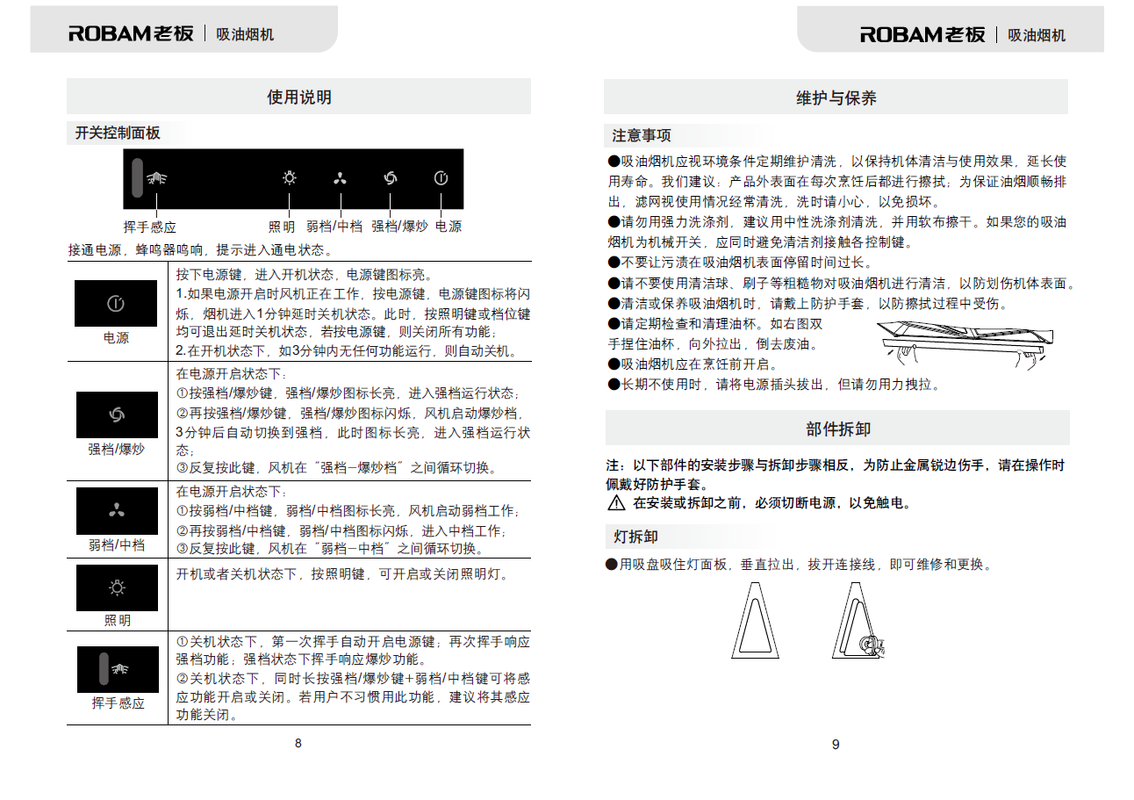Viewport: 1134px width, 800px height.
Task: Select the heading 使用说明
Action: tap(299, 97)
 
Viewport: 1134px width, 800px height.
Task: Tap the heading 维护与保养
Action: tap(836, 97)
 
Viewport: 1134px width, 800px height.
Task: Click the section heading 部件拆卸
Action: tap(837, 429)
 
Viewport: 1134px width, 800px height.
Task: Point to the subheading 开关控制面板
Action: tap(118, 133)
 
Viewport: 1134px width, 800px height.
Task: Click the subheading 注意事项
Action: tap(642, 136)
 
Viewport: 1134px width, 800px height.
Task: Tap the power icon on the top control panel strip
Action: tap(441, 178)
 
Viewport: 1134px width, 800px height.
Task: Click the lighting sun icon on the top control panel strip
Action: tap(290, 178)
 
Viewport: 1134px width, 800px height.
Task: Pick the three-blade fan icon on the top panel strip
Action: tap(340, 179)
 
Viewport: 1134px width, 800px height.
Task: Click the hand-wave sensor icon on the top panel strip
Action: tap(157, 178)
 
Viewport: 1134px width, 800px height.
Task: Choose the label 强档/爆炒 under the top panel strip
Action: tap(399, 227)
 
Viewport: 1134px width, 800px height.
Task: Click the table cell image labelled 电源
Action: tap(116, 304)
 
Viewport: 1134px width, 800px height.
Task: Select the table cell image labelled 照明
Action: tap(117, 587)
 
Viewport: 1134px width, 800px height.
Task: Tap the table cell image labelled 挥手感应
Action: tap(117, 669)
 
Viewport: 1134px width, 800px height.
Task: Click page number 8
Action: tap(298, 743)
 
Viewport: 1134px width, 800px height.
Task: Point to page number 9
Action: tap(836, 745)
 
